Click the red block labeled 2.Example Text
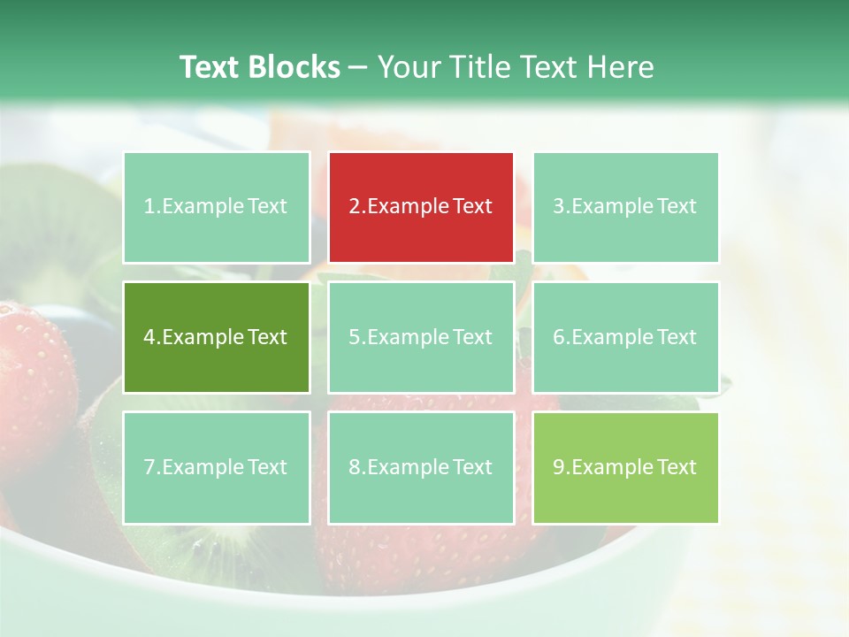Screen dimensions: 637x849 pos(421,207)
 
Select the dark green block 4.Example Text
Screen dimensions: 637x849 pos(217,337)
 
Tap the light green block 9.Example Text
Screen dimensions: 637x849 pos(625,467)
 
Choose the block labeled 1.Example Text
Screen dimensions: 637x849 pos(217,207)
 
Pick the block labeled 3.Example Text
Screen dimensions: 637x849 pos(625,207)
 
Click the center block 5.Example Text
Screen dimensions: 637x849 pos(421,337)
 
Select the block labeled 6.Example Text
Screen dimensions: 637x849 pos(625,337)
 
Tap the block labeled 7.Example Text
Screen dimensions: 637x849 pos(217,467)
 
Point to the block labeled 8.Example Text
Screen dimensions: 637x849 pos(421,467)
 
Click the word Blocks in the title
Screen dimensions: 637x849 pos(294,67)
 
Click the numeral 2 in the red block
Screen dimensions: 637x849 pos(354,207)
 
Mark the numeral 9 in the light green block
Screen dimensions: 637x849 pos(559,467)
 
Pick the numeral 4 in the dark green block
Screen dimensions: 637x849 pos(149,337)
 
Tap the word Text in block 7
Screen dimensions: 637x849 pos(268,467)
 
